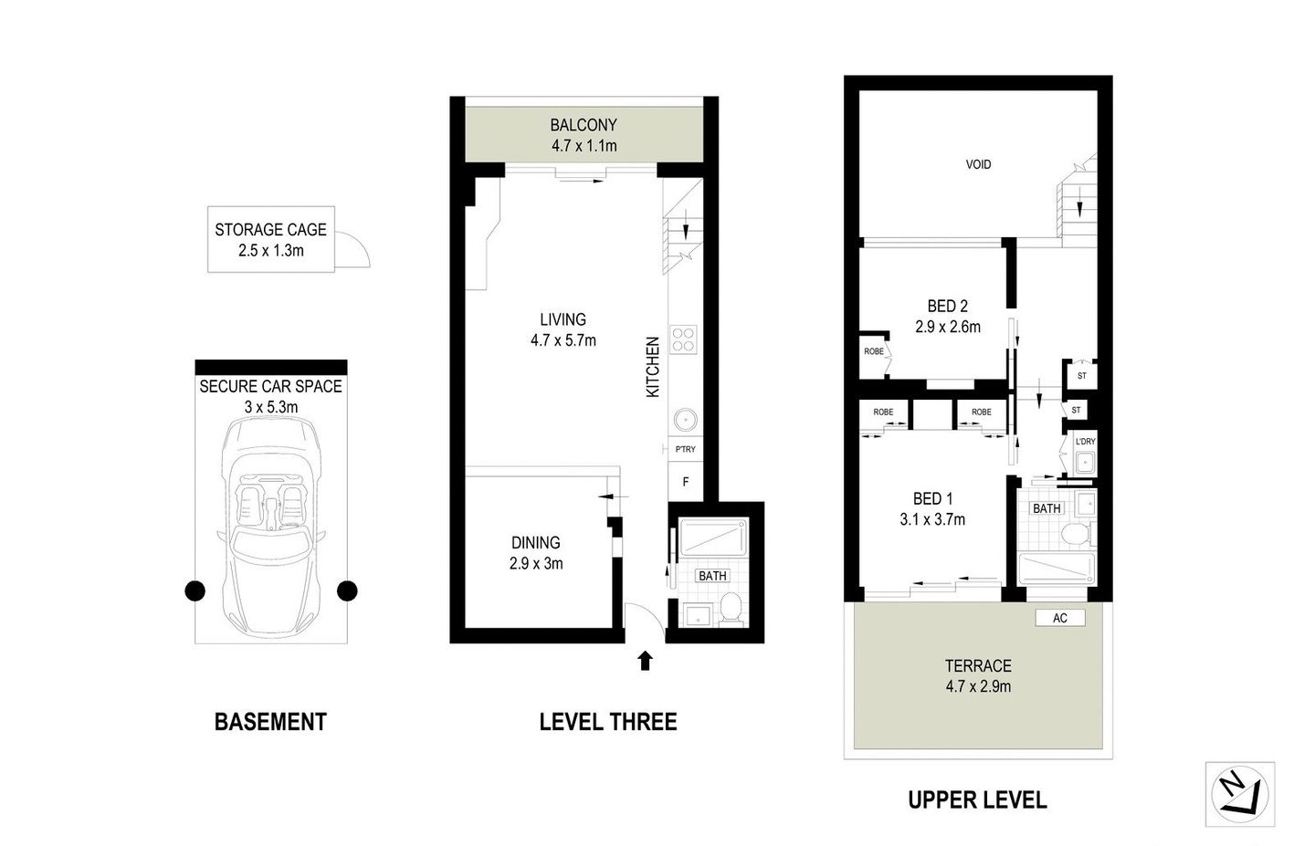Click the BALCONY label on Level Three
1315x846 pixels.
[583, 125]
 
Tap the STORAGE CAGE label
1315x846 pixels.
[270, 230]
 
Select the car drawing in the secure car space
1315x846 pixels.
[270, 529]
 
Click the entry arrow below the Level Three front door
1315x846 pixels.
[645, 661]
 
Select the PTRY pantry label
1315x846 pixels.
[685, 449]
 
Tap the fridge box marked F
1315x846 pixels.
[685, 481]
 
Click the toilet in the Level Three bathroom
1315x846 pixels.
[731, 610]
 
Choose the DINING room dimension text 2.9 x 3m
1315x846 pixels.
[536, 564]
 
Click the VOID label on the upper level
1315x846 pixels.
[978, 165]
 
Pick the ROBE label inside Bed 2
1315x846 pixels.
[874, 350]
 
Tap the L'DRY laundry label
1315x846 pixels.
[1085, 442]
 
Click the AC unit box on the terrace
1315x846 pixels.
[1059, 618]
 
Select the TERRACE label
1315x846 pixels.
[978, 666]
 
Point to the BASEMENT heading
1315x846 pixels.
[270, 722]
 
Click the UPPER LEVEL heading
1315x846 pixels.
[977, 800]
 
